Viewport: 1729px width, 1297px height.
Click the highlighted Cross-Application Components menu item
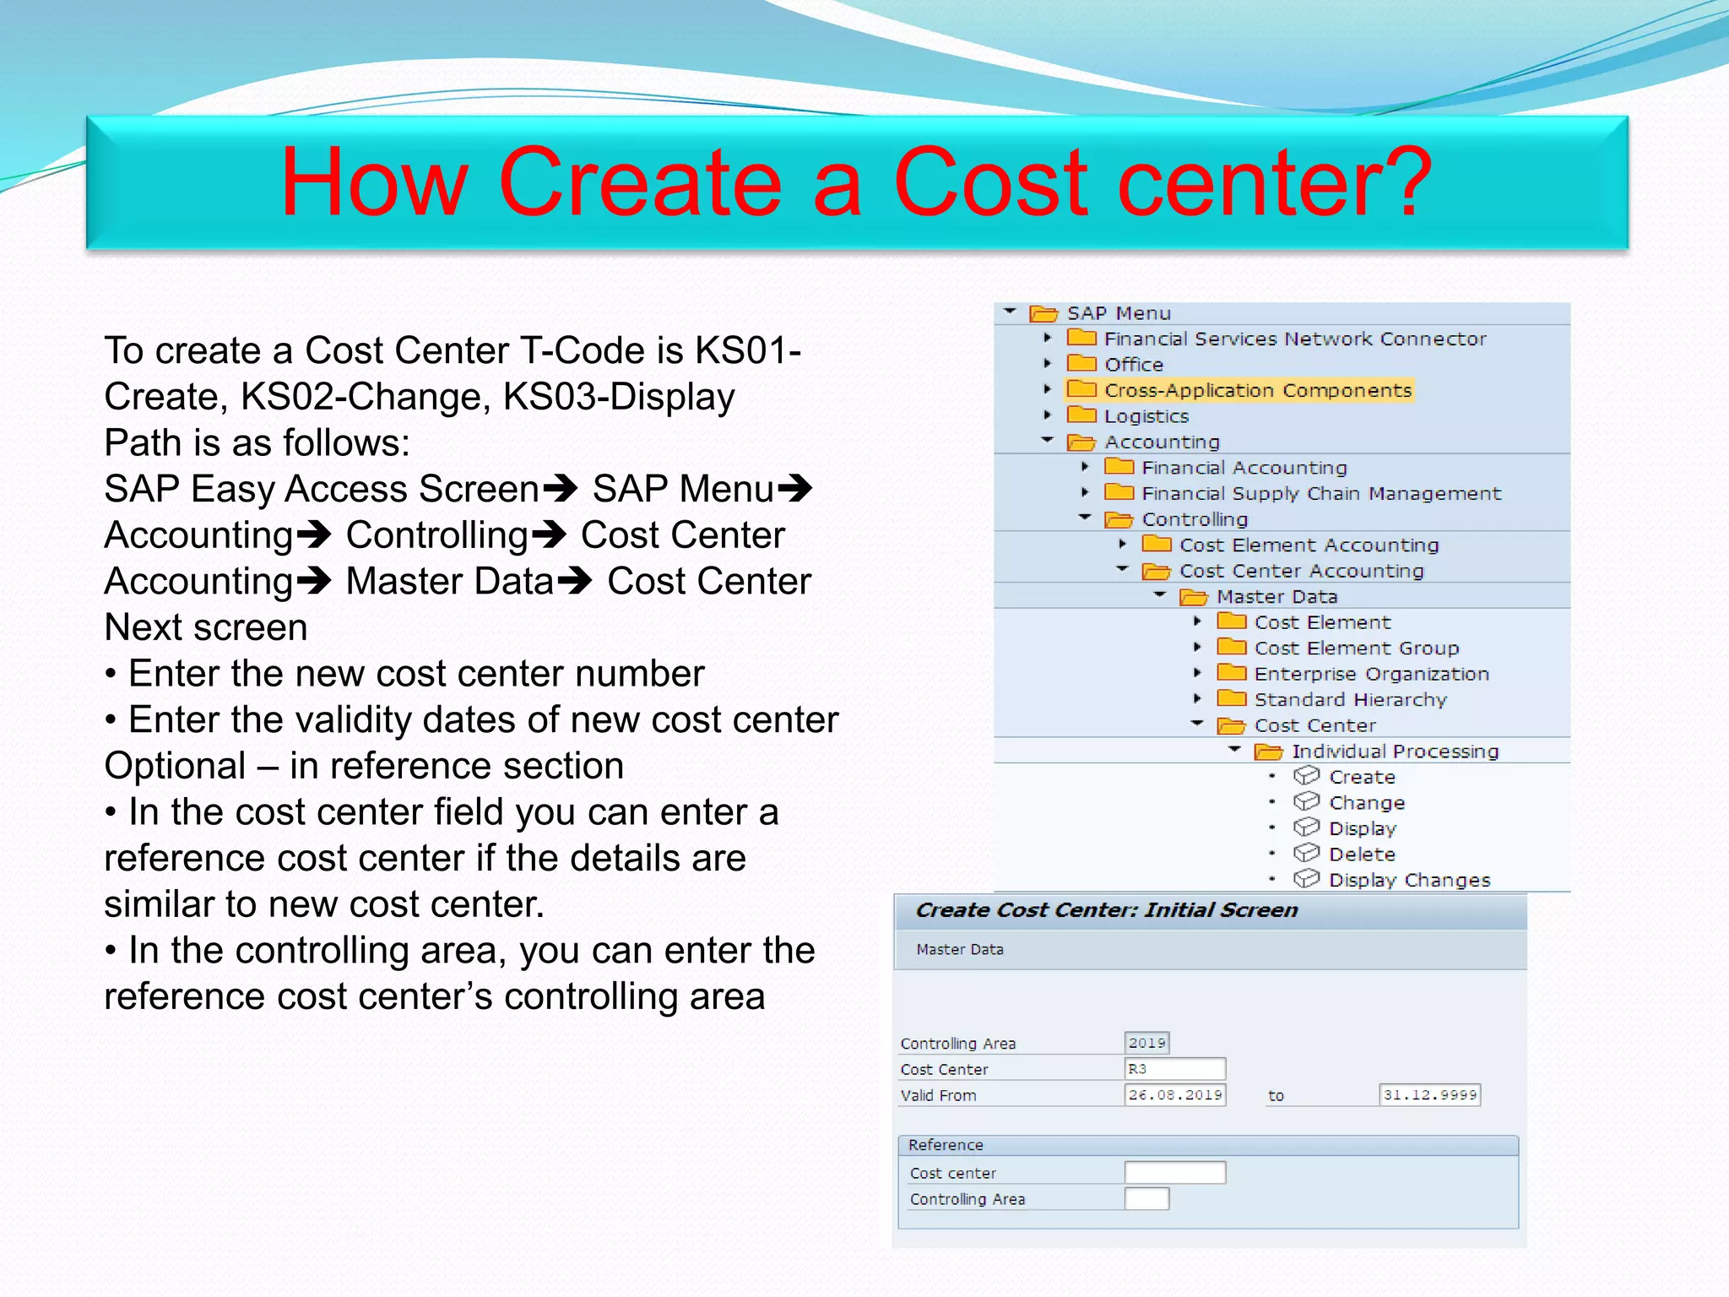(1257, 390)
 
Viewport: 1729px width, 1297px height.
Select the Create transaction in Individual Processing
(1361, 777)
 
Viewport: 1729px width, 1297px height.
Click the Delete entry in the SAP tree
(1361, 855)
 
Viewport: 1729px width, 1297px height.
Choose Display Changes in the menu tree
(1409, 880)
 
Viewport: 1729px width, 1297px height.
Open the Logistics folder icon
(1081, 415)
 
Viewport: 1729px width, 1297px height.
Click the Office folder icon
(1081, 364)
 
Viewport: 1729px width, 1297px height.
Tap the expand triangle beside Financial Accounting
(1086, 467)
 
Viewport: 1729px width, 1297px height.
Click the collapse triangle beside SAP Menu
(1010, 312)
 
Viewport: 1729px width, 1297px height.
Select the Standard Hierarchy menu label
(1350, 699)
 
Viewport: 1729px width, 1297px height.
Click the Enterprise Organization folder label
(1371, 674)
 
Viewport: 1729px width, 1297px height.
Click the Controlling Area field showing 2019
(1146, 1043)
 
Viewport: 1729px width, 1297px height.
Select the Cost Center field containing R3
(1174, 1069)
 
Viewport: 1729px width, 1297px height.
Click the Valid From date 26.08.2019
(1174, 1095)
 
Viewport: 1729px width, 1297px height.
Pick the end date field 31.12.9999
(1429, 1095)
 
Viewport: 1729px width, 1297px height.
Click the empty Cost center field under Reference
(1174, 1173)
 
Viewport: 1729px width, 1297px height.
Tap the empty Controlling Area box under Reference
(1146, 1199)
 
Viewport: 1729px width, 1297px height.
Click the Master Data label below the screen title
(960, 949)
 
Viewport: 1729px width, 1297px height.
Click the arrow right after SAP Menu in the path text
(794, 489)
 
